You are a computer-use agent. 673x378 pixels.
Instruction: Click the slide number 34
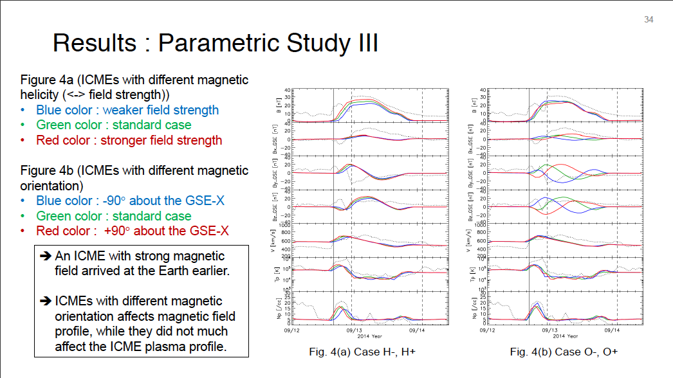click(x=649, y=20)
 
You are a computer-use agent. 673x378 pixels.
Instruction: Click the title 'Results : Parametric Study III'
click(x=215, y=43)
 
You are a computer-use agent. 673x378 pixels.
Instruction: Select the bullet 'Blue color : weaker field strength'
click(x=127, y=110)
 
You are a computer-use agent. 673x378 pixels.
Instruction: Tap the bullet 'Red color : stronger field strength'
click(x=129, y=140)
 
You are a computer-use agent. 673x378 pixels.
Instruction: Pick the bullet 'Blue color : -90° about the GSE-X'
click(x=130, y=201)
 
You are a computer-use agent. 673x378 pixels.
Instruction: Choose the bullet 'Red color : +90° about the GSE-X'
click(x=132, y=231)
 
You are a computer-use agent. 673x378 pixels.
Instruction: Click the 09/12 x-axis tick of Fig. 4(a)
click(x=291, y=330)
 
